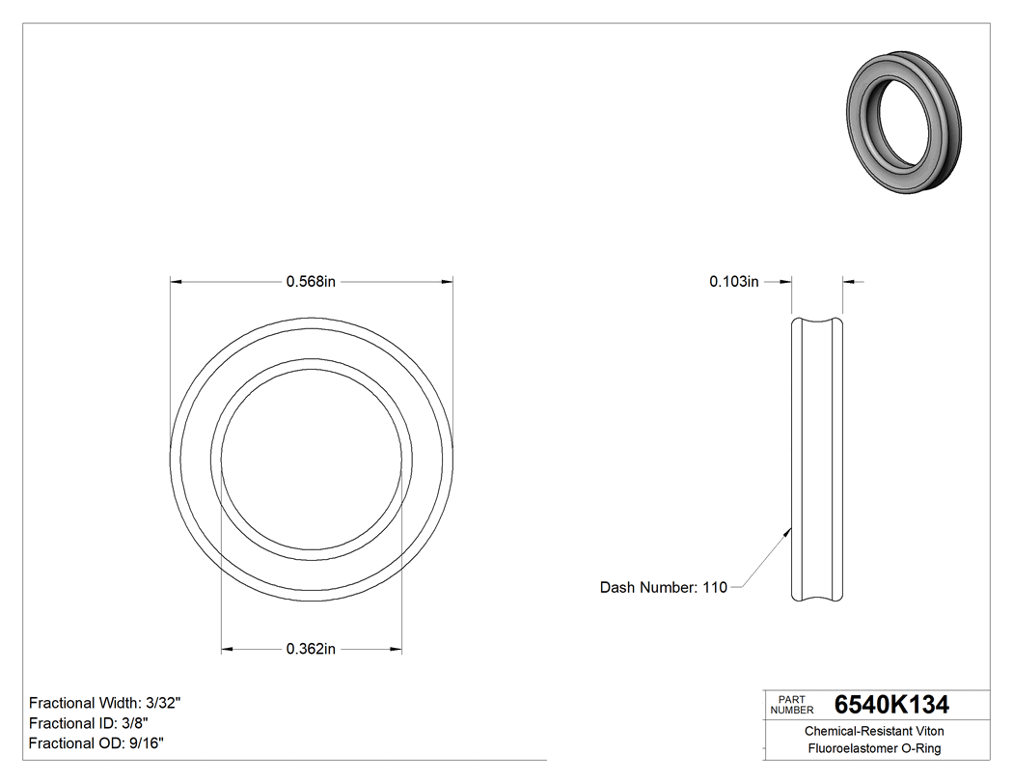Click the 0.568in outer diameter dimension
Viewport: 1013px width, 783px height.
coord(311,282)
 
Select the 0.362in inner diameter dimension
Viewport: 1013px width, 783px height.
coord(311,649)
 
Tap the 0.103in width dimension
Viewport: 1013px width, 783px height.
coord(734,282)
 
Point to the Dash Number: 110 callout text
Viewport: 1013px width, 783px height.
coord(663,587)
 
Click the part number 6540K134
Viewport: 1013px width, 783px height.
coord(891,704)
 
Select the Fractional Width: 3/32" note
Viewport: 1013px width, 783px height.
coord(105,703)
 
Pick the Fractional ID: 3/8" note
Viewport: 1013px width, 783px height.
coord(88,723)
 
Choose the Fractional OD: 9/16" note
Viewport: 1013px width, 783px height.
coord(96,743)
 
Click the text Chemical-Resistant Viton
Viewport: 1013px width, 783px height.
coord(874,732)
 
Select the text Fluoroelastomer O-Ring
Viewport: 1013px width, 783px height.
coord(874,749)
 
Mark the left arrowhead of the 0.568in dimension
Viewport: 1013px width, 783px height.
coord(177,282)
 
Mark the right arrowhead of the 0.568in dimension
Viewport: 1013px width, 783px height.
coord(448,282)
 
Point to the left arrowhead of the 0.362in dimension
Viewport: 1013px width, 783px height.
coord(228,649)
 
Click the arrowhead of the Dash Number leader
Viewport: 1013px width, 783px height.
coord(789,529)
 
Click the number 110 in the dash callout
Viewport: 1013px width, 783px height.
coord(714,587)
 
